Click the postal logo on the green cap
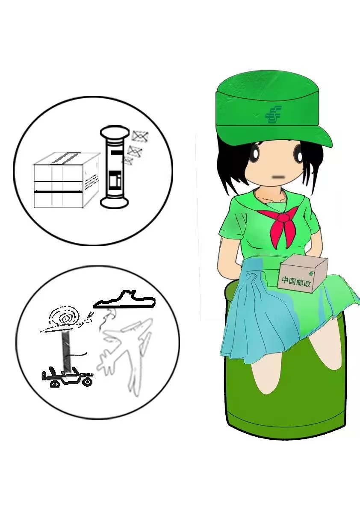tap(273, 115)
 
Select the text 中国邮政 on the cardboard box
tap(296, 282)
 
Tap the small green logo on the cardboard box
tap(312, 273)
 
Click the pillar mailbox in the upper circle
tap(114, 167)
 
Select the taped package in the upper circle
tap(67, 180)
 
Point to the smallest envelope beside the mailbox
tap(128, 161)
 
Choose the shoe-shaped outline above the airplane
tap(124, 301)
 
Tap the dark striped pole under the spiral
tap(66, 352)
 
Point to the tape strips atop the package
tap(67, 157)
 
